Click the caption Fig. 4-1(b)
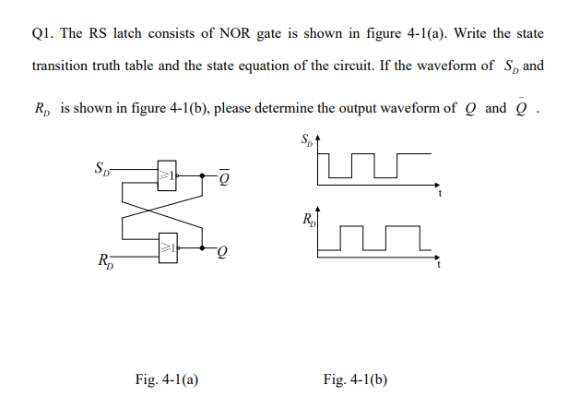(x=355, y=379)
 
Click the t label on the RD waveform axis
(x=440, y=265)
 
